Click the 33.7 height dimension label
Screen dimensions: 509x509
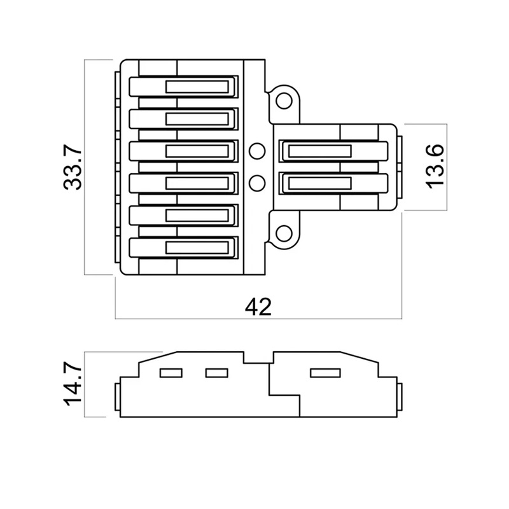73,167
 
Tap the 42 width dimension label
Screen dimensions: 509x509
258,307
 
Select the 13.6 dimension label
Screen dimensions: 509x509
435,167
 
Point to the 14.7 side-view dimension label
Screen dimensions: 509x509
73,384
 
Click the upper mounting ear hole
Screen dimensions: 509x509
284,101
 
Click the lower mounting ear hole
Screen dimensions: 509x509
284,234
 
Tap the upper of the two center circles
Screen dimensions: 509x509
257,151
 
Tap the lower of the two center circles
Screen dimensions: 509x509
257,183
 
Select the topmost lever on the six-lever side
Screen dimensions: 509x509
183,87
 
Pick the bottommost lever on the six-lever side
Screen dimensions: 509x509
183,248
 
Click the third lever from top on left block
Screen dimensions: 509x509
183,151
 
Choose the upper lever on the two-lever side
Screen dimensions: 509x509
333,151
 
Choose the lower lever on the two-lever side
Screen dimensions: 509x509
333,183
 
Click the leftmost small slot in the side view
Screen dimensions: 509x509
171,373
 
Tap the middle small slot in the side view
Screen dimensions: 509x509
217,373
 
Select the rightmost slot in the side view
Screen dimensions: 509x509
325,373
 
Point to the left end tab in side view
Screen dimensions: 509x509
118,396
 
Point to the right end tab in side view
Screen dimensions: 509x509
400,396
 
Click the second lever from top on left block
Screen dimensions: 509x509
183,119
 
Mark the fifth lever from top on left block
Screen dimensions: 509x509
183,216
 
